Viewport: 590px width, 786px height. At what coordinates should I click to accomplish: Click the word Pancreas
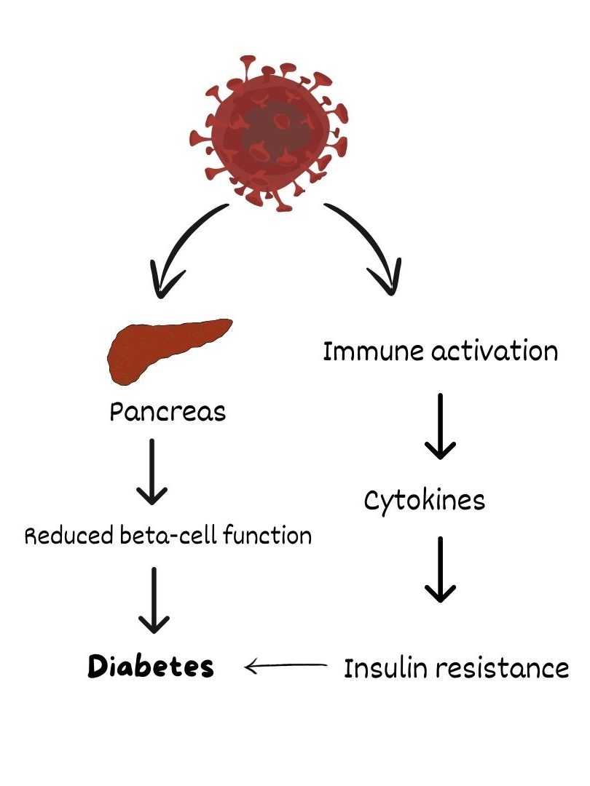pyautogui.click(x=168, y=412)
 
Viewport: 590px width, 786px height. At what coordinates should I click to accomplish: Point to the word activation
pyautogui.click(x=495, y=351)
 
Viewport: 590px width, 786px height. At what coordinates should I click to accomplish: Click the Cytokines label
pyautogui.click(x=425, y=500)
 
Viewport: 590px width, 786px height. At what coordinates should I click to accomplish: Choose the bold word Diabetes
pyautogui.click(x=151, y=667)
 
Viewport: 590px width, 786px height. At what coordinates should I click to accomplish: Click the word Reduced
pyautogui.click(x=69, y=536)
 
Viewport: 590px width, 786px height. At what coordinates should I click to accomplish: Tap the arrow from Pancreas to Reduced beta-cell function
pyautogui.click(x=152, y=472)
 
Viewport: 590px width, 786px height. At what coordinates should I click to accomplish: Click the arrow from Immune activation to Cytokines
pyautogui.click(x=440, y=426)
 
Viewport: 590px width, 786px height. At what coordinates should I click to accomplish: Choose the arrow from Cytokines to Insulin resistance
pyautogui.click(x=440, y=569)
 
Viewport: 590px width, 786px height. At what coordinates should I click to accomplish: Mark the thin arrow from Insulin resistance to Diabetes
pyautogui.click(x=286, y=666)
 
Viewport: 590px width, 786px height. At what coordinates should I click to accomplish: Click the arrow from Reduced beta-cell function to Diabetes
pyautogui.click(x=154, y=600)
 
